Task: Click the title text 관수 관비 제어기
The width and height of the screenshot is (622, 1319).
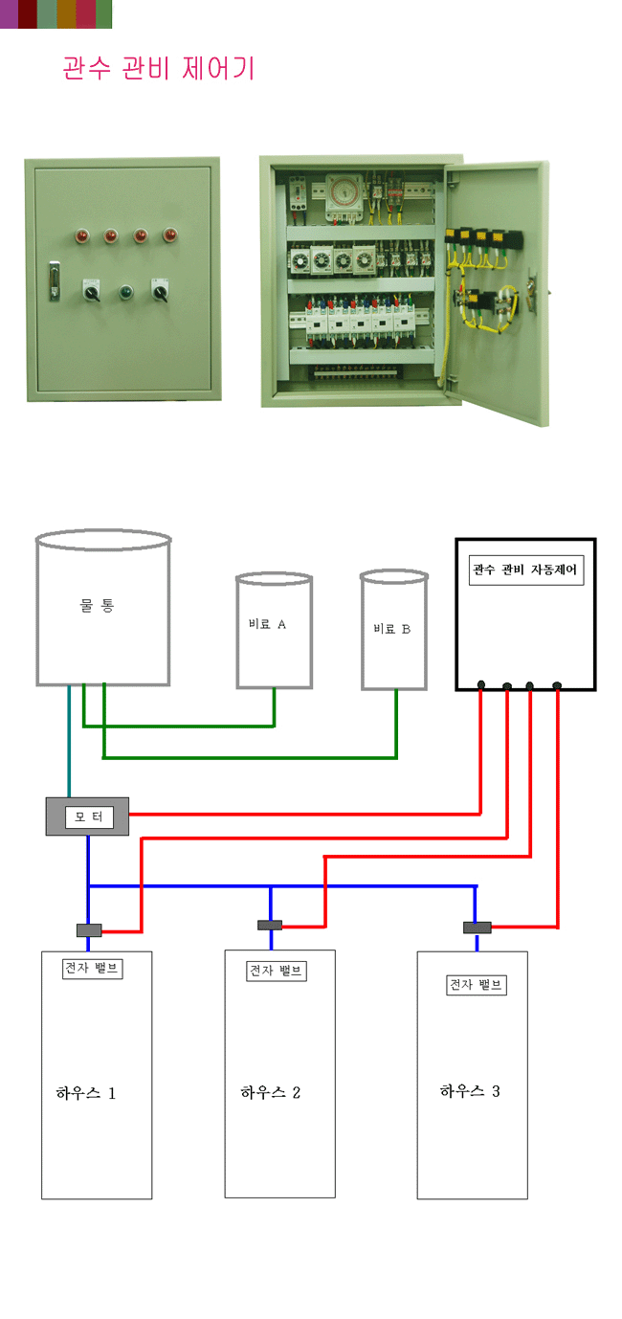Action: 159,69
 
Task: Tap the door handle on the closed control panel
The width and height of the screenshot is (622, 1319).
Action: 55,281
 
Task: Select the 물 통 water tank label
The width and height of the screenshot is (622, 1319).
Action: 97,606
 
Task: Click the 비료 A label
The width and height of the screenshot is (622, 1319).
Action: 267,624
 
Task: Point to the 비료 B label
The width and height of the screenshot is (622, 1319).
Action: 391,629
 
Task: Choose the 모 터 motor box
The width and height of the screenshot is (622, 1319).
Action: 87,816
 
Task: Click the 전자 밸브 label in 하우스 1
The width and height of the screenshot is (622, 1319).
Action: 91,968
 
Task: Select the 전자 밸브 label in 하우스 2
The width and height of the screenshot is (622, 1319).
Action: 277,971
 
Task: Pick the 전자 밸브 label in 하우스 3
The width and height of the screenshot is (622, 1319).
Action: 476,985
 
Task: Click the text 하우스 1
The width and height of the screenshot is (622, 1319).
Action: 86,1093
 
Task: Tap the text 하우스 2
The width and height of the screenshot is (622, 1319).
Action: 271,1092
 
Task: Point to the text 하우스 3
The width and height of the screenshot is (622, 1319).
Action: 470,1091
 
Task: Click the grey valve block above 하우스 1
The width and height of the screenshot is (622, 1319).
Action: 89,929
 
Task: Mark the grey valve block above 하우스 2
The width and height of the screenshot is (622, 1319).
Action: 270,925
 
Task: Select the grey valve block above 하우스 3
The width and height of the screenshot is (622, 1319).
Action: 477,927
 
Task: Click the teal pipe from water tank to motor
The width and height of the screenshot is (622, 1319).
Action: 69,742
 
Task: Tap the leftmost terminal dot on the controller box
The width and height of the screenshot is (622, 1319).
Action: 480,684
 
